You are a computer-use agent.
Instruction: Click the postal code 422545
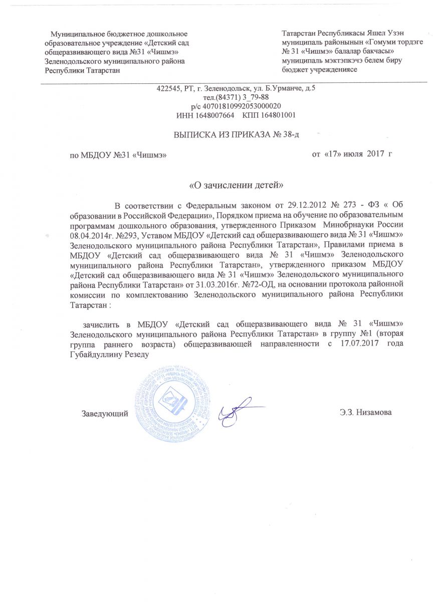click(168, 89)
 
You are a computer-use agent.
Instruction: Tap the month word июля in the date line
click(354, 153)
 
